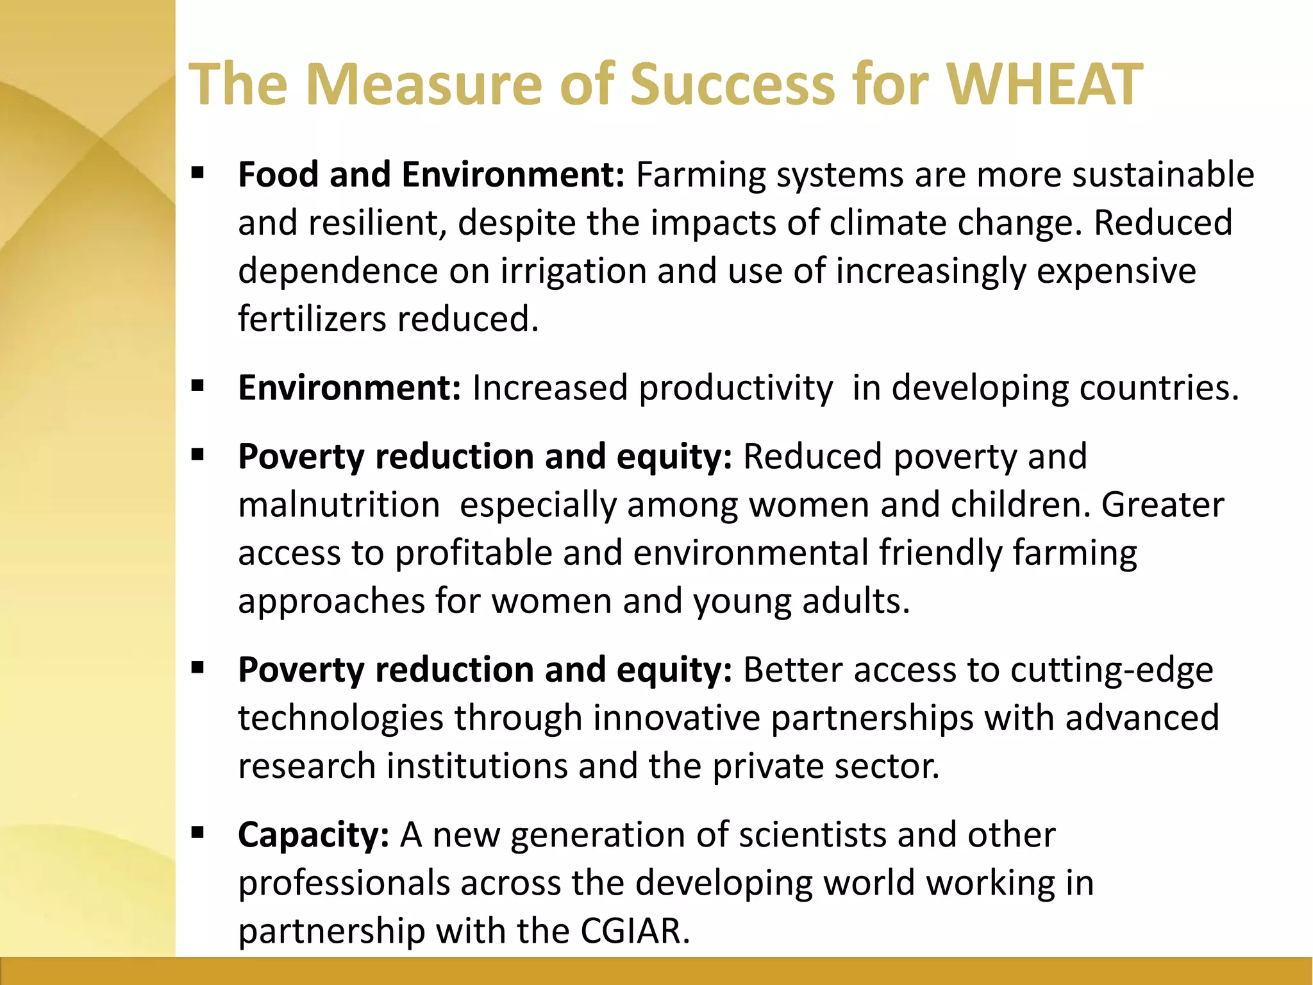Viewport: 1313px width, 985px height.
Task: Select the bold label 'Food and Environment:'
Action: (x=431, y=174)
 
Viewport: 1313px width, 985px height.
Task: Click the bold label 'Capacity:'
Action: (x=313, y=836)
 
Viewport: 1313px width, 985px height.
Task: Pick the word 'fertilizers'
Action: (x=312, y=319)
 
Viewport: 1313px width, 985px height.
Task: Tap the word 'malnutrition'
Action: (x=339, y=505)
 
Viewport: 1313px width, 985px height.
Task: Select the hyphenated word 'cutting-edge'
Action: (x=1112, y=670)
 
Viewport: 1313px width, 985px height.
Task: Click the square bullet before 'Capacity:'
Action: (x=197, y=833)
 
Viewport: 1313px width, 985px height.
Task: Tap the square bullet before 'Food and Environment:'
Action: (x=197, y=172)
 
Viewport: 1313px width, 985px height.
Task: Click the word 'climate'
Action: (x=887, y=223)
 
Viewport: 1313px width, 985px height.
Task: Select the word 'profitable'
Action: (x=473, y=553)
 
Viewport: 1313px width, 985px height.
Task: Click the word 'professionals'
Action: (x=344, y=884)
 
